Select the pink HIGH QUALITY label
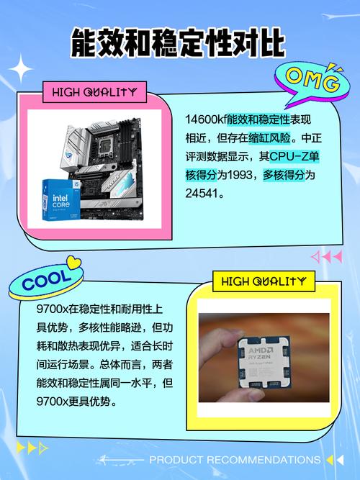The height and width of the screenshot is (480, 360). [x=94, y=91]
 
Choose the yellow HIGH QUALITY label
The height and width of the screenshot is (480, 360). [x=264, y=281]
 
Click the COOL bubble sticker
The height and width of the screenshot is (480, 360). [x=47, y=279]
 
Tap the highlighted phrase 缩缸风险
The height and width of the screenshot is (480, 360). [x=271, y=137]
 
